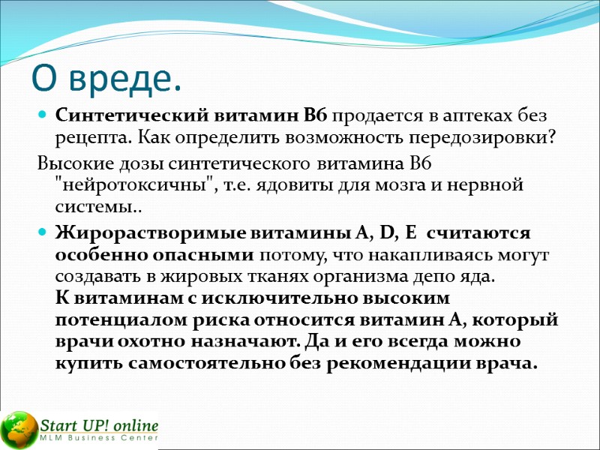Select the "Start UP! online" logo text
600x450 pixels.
[x=99, y=424]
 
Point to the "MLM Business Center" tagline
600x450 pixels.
[x=99, y=438]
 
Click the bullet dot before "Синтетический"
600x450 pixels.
[x=42, y=117]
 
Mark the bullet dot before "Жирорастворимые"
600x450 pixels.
[x=42, y=235]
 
